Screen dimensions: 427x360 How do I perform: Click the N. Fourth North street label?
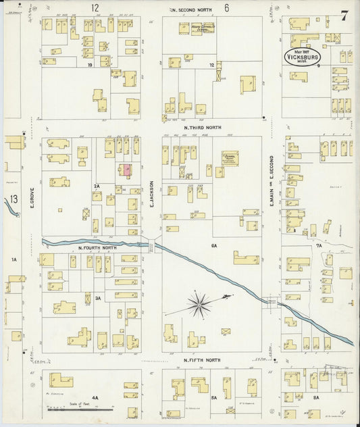click(x=97, y=248)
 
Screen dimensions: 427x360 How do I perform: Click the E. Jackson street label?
click(x=151, y=193)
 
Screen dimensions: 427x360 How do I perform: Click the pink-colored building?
click(x=126, y=170)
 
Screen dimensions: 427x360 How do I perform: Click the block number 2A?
click(x=97, y=186)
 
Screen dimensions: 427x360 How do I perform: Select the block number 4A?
click(x=95, y=399)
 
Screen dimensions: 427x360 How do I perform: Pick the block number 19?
click(x=89, y=65)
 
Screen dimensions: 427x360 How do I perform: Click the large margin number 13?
click(x=14, y=199)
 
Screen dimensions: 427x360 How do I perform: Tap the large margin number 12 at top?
click(x=95, y=8)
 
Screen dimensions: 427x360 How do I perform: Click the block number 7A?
click(x=319, y=247)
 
